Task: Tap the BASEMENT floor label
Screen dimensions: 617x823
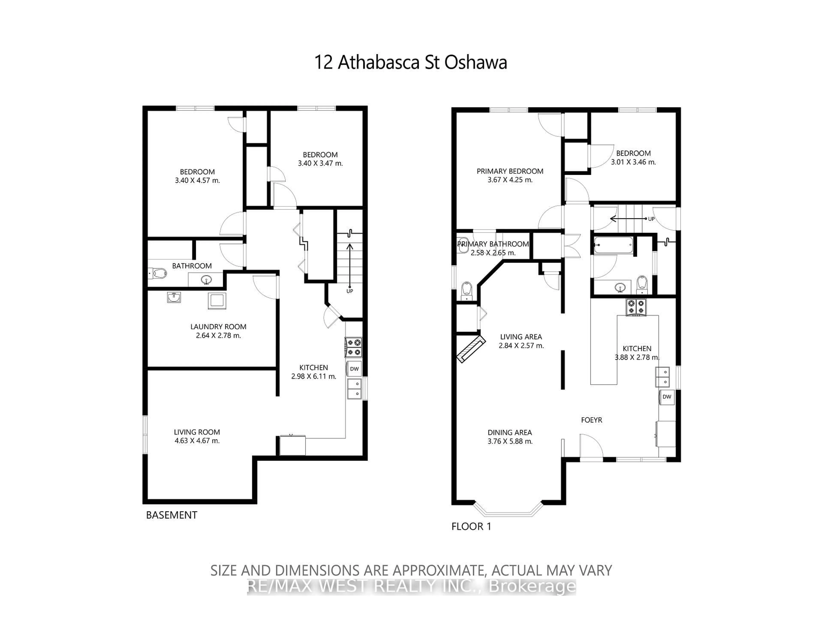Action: click(x=171, y=515)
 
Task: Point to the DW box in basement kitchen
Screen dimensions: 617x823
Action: click(x=354, y=369)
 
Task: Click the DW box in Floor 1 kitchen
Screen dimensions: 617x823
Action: click(x=667, y=397)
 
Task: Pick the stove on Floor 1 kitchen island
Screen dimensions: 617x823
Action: click(x=636, y=307)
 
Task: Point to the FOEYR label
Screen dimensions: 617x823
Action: click(x=591, y=420)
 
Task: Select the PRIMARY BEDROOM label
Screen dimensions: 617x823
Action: click(x=510, y=171)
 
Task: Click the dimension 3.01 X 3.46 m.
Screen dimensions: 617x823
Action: click(x=633, y=162)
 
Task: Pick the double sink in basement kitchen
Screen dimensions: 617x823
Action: click(x=354, y=389)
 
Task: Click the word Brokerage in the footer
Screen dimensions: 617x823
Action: click(x=532, y=587)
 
